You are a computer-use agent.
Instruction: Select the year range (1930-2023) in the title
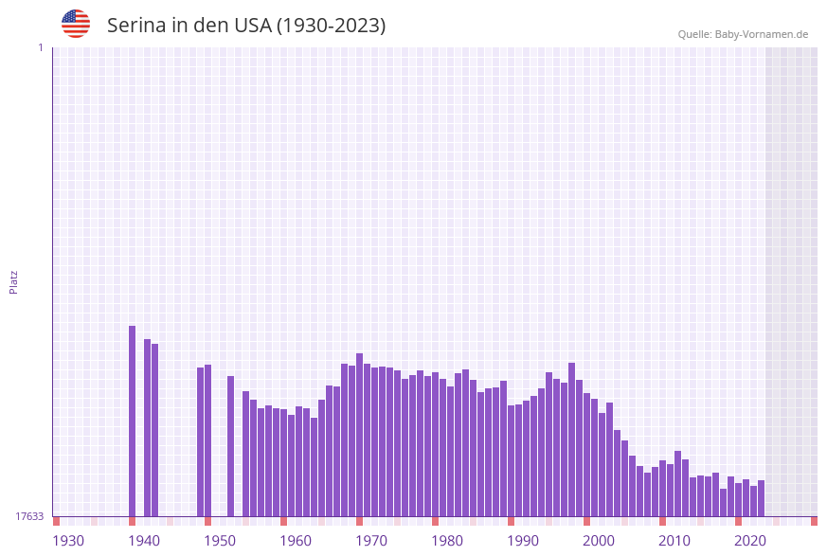click(331, 26)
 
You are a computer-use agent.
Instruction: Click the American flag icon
click(76, 24)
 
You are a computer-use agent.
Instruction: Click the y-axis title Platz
click(14, 281)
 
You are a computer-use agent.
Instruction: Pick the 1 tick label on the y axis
click(40, 47)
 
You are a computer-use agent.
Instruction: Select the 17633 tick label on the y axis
click(29, 516)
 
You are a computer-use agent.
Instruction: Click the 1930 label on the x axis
click(68, 541)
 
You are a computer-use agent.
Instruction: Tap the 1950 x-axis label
click(220, 541)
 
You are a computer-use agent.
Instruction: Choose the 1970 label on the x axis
click(371, 541)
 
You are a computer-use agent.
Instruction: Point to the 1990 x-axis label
click(523, 541)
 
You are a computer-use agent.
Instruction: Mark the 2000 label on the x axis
click(599, 541)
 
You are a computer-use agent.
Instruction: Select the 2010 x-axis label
click(674, 541)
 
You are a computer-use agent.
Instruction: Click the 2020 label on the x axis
click(750, 541)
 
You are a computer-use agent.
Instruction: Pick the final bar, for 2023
click(761, 498)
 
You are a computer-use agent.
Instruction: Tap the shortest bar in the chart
click(723, 502)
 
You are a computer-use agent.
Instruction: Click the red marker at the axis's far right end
click(814, 521)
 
